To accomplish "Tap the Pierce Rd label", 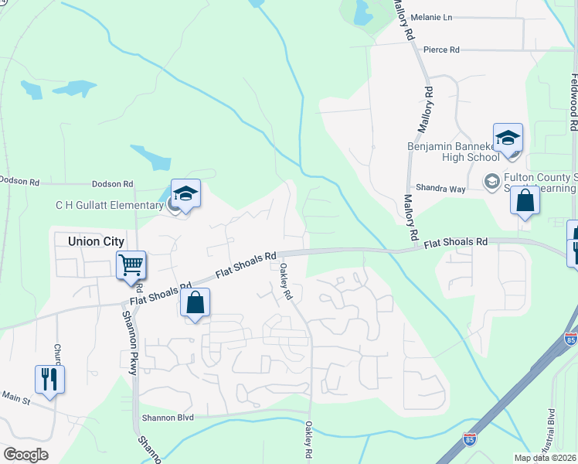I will coord(442,49).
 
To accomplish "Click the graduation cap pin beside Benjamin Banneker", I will coord(508,138).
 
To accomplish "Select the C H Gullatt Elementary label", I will coord(109,204).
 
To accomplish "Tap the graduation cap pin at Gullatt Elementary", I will coord(185,193).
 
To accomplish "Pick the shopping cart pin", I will coord(131,264).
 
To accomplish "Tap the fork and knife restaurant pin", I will coord(49,379).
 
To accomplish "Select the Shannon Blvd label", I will coord(167,418).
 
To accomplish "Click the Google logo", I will coord(25,455).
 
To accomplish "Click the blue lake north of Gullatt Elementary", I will coord(151,157).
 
